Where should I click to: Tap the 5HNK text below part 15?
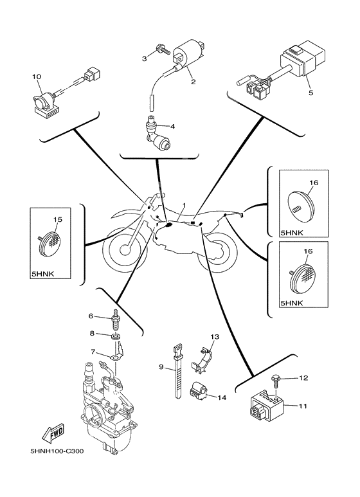coord(42,273)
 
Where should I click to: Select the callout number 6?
coord(91,316)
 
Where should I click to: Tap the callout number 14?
coord(221,398)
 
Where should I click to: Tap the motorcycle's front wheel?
coord(126,252)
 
